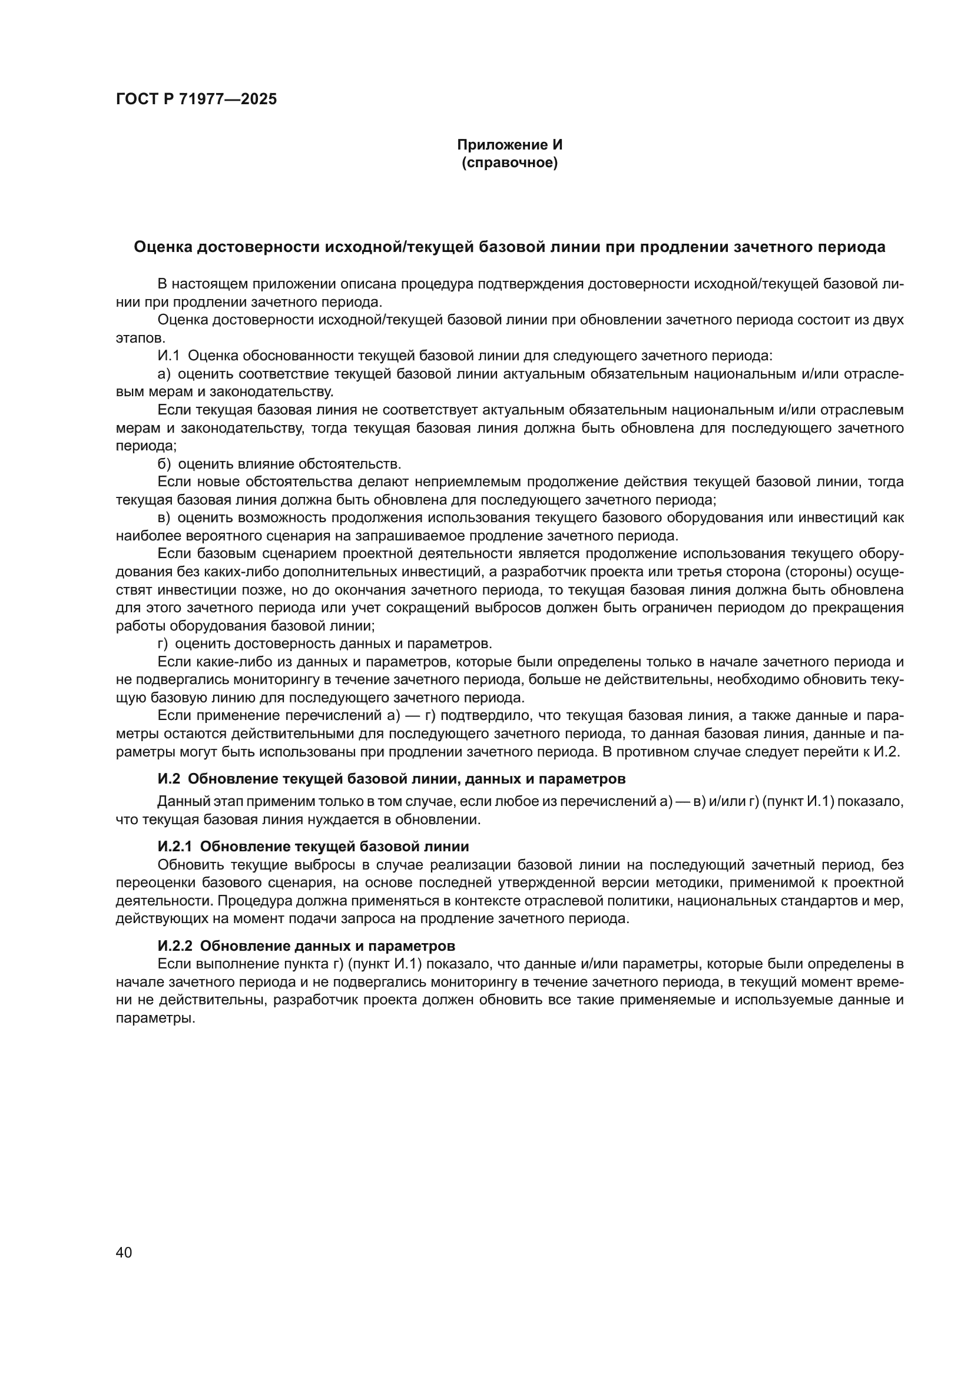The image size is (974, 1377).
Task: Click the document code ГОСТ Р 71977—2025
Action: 196,99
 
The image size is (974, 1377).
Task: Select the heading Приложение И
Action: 510,145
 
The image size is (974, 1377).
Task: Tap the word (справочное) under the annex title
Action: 510,163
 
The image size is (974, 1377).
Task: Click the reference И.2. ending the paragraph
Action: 887,751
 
